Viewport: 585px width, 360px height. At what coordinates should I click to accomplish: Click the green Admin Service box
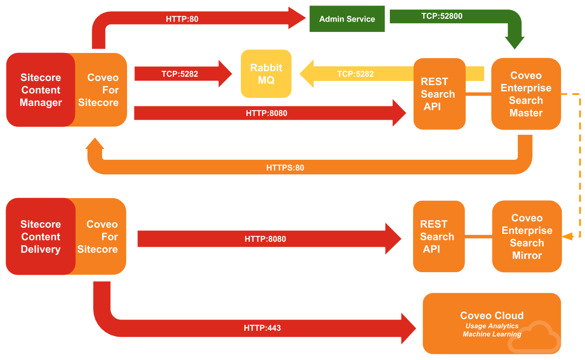347,19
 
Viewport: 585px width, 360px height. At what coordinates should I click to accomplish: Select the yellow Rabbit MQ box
266,74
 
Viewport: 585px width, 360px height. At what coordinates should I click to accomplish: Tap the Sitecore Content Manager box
40,90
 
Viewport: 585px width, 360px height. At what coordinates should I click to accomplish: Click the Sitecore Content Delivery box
40,236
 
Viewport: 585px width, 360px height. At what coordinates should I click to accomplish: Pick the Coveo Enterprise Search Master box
526,94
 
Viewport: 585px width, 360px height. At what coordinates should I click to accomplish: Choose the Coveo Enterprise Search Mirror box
527,236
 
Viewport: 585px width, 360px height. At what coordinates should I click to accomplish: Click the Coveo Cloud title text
492,315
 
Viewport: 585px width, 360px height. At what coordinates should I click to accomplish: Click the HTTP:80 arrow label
182,19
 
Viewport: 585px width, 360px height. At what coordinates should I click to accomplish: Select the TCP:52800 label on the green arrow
442,16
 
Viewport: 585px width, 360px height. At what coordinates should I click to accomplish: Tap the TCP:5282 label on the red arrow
180,74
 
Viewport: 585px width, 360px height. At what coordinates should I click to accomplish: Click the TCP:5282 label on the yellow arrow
355,74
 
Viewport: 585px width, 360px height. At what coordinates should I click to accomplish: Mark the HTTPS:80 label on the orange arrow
285,168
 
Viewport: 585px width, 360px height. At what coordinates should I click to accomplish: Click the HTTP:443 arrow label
262,328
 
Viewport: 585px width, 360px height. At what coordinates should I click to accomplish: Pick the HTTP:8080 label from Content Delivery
265,239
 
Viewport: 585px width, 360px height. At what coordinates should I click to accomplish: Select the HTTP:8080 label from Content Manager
266,113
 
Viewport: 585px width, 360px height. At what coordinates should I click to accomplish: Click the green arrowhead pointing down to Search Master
514,43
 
